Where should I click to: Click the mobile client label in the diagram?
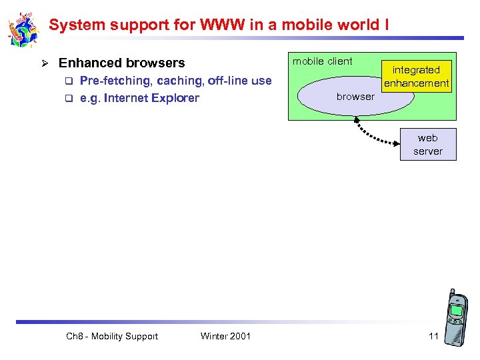point(323,61)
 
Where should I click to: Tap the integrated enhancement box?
point(416,76)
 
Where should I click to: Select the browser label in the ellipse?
point(355,97)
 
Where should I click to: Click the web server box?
point(428,145)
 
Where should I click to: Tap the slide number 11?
point(433,336)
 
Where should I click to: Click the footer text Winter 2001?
point(225,336)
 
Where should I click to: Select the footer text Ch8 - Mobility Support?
point(112,336)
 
